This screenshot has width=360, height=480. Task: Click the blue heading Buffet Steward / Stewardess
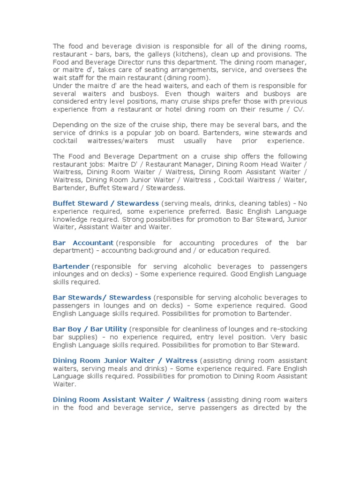click(x=105, y=203)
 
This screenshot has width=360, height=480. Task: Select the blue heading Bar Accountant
click(x=83, y=243)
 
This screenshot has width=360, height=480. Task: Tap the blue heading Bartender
click(x=71, y=266)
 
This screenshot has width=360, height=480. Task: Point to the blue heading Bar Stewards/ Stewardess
click(x=102, y=298)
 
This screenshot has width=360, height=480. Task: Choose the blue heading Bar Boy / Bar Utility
click(x=90, y=329)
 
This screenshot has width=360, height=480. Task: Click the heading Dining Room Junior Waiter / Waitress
click(x=125, y=360)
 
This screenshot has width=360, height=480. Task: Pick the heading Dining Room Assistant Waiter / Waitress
click(x=128, y=400)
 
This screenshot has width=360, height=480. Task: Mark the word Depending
click(x=70, y=125)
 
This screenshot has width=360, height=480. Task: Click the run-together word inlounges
click(x=70, y=274)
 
